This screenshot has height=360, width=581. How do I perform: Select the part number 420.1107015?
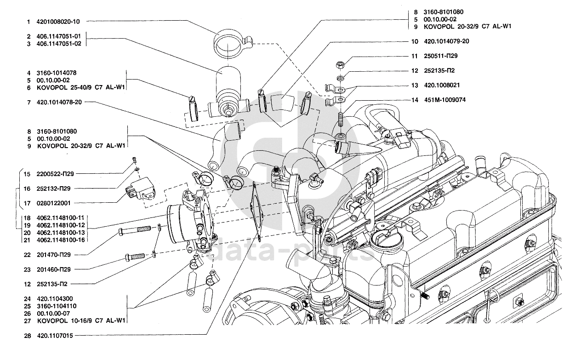click(54, 336)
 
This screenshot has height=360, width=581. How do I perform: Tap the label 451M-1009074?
click(445, 100)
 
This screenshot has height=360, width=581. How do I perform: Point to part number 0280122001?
click(55, 203)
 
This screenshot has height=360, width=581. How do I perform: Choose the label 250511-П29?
click(440, 56)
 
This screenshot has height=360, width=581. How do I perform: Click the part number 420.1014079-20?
click(446, 41)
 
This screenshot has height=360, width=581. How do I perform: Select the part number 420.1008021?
click(442, 85)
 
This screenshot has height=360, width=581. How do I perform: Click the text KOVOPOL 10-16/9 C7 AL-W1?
click(81, 320)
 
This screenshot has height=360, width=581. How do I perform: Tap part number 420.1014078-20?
click(59, 103)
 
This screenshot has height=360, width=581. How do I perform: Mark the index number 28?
click(28, 336)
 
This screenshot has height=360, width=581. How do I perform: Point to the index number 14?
click(415, 100)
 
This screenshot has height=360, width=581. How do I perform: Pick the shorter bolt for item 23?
click(135, 257)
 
